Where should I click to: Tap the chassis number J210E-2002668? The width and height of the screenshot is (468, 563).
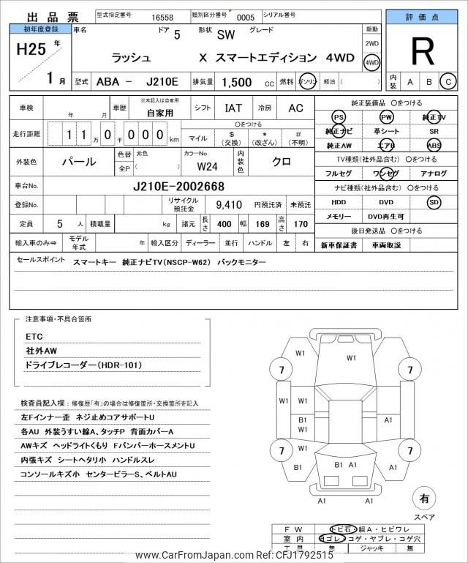(179, 186)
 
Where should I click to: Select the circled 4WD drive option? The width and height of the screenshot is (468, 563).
(371, 62)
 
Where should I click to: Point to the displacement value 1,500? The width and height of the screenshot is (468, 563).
(237, 83)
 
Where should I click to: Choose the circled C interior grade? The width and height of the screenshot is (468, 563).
(448, 81)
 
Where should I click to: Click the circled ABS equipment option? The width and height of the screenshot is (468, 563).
(434, 145)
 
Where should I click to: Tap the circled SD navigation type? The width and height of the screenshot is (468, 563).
(434, 202)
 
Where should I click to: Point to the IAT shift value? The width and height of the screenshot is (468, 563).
(233, 108)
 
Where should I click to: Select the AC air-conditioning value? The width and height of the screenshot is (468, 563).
(295, 108)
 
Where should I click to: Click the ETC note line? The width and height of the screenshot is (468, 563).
(34, 336)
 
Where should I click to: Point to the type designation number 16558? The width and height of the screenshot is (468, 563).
(156, 15)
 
